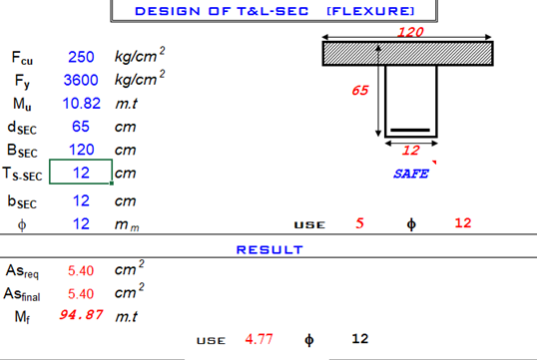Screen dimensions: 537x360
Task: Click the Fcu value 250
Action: tap(81, 57)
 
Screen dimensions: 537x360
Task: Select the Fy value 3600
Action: tap(81, 80)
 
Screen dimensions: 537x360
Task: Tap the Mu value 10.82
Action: tap(82, 104)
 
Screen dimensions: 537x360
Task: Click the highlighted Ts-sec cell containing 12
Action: tap(81, 172)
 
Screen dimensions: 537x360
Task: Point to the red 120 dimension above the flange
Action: tap(410, 32)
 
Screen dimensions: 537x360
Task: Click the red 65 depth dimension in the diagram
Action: tap(360, 91)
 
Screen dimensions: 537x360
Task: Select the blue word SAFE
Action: tap(411, 174)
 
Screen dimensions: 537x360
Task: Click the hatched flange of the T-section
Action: tap(407, 54)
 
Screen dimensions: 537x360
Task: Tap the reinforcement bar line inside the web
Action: tap(410, 130)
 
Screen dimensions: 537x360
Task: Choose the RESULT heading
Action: tap(269, 250)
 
